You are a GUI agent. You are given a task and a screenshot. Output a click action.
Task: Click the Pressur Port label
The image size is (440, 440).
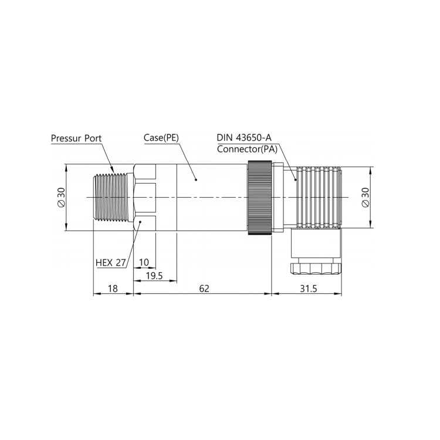[76, 138]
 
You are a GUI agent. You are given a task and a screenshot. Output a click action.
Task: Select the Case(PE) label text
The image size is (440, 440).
[161, 138]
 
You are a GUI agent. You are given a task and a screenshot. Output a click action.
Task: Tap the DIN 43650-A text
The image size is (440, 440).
[244, 138]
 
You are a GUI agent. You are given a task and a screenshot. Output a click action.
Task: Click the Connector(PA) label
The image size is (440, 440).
[247, 149]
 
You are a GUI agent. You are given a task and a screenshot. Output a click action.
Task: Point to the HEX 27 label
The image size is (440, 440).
[111, 263]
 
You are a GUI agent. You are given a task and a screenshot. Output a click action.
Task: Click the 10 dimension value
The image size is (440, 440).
[144, 262]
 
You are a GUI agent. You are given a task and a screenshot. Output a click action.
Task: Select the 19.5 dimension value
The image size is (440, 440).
[154, 276]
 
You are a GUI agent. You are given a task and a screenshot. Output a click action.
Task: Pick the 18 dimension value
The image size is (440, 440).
[113, 289]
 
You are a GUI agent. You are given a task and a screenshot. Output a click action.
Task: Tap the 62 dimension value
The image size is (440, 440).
[204, 289]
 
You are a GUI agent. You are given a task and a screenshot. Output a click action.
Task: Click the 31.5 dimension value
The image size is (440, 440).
[309, 289]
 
